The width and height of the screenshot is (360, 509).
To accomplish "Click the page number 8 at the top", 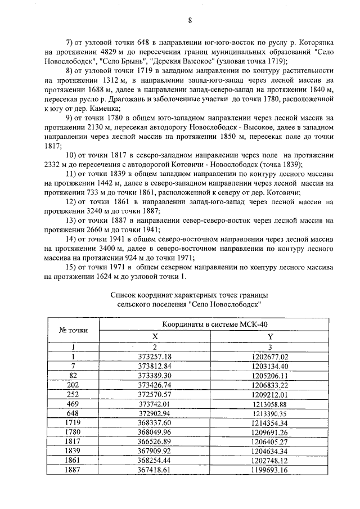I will point(190,21).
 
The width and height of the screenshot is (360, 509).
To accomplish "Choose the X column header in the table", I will point(155,335).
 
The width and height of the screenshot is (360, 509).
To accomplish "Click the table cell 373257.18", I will point(155,357).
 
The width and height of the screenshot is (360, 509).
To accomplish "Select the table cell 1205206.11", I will point(269,375).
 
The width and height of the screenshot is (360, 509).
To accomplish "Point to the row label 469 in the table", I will point(73,403).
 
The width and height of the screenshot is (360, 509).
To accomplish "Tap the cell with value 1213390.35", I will point(269,413).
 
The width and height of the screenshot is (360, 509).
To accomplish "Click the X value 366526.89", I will point(155,442).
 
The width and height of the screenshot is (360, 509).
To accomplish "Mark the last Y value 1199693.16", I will point(269,470).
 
